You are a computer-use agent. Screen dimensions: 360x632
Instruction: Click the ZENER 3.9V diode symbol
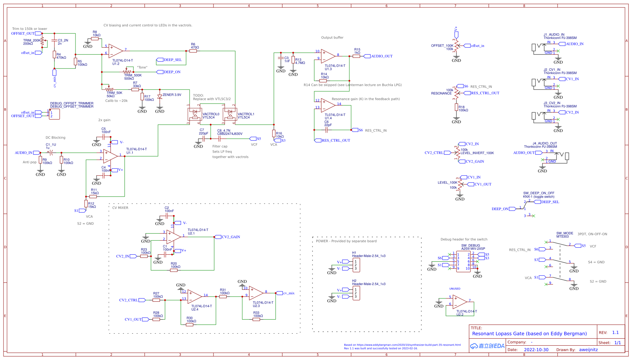pos(160,96)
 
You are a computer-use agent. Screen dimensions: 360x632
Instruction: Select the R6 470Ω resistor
pos(193,51)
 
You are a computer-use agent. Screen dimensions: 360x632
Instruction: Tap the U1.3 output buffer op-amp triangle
pos(328,56)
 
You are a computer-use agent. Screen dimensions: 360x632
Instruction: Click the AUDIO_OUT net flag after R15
pos(367,56)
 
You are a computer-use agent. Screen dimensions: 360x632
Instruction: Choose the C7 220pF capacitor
pos(204,139)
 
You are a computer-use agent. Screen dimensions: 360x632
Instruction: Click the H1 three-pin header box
pos(356,265)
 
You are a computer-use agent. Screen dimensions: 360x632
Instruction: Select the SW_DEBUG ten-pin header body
pos(463,261)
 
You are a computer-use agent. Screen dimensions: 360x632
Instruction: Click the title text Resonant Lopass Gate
pos(529,334)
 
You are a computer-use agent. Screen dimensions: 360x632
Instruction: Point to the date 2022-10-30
pos(536,350)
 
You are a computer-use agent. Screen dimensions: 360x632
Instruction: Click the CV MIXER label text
pos(120,208)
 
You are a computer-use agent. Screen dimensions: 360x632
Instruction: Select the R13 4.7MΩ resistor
pos(293,60)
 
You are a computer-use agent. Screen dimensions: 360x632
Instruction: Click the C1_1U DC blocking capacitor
pos(51,153)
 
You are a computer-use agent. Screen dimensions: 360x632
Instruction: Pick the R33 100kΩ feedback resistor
pos(256,319)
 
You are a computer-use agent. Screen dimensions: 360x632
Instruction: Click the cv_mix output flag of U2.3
pos(279,293)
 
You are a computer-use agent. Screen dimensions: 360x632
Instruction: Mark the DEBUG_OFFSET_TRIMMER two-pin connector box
pos(54,114)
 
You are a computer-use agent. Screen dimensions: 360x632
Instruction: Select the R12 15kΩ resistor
pos(86,204)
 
